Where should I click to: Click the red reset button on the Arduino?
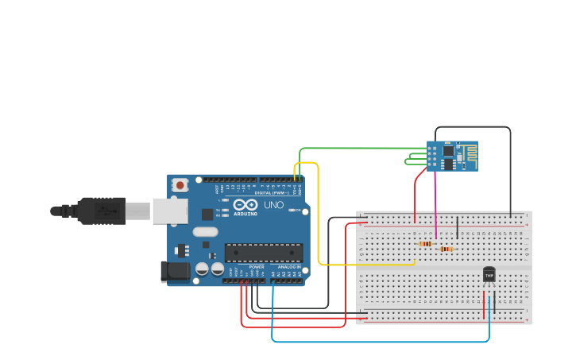pyautogui.click(x=180, y=185)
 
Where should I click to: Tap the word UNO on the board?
pyautogui.click(x=274, y=205)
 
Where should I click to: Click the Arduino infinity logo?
pyautogui.click(x=245, y=204)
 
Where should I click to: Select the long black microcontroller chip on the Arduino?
pyautogui.click(x=263, y=253)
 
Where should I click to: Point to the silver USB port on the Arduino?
pyautogui.click(x=170, y=211)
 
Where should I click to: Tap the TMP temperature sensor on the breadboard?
pyautogui.click(x=489, y=274)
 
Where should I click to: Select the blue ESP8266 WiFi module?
pyautogui.click(x=453, y=156)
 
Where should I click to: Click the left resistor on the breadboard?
pyautogui.click(x=425, y=243)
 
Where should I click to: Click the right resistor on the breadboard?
pyautogui.click(x=446, y=249)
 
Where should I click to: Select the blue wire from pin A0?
pyautogui.click(x=381, y=342)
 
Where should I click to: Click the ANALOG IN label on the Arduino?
pyautogui.click(x=288, y=266)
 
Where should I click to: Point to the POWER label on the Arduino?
pyautogui.click(x=256, y=266)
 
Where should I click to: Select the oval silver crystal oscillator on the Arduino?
pyautogui.click(x=204, y=232)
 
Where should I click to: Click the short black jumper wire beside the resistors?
pyautogui.click(x=457, y=227)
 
